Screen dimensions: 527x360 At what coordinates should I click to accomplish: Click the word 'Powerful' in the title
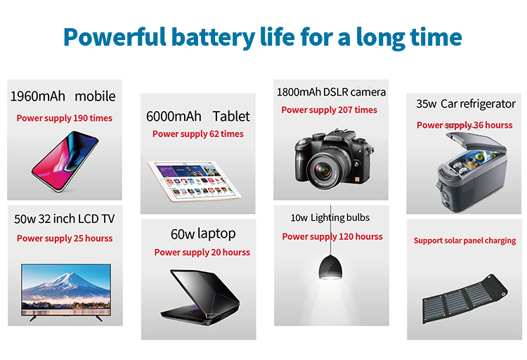tap(115, 37)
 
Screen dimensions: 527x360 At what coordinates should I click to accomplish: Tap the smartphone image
tap(65, 161)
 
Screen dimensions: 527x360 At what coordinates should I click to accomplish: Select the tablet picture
tap(194, 181)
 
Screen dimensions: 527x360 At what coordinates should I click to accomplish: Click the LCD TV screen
tap(66, 289)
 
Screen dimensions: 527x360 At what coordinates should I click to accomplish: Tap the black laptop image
tap(200, 297)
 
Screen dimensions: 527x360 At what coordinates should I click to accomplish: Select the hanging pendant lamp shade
tap(330, 267)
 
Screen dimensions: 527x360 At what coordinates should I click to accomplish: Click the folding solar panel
tap(465, 299)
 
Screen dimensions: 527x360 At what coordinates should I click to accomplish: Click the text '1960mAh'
tap(38, 96)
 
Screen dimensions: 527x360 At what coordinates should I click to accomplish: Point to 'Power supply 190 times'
tap(65, 118)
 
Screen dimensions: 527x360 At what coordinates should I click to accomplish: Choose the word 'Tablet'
tap(231, 117)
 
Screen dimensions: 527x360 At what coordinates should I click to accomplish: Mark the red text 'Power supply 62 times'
tap(198, 134)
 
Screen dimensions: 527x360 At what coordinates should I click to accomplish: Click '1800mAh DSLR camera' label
tap(331, 92)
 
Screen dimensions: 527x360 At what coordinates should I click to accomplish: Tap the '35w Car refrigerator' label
tap(465, 104)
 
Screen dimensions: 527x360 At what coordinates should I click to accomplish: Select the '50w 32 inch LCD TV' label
tap(65, 219)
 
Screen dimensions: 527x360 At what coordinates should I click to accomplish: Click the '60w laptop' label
tap(203, 234)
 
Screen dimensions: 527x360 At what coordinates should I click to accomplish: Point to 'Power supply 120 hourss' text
tap(332, 236)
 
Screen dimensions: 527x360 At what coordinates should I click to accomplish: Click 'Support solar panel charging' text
tap(465, 240)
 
